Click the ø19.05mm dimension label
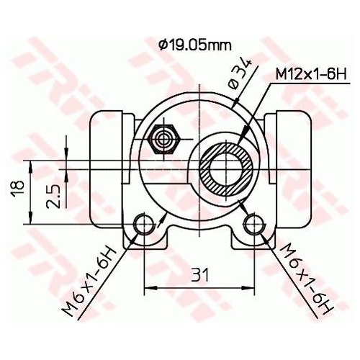195,45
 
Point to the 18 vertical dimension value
21,189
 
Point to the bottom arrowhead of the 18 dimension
30,220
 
